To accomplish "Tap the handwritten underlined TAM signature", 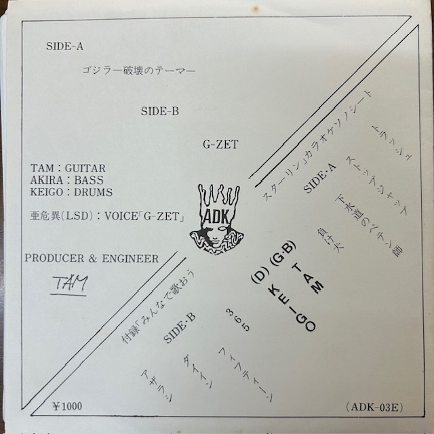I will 69,284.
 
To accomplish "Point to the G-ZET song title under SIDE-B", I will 218,143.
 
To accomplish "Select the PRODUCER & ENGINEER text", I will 91,258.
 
